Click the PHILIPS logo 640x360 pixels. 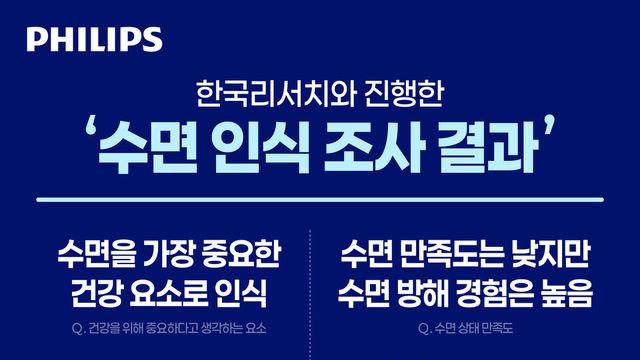[x=94, y=40]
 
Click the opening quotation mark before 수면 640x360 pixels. [x=90, y=127]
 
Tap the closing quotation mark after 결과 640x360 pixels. [x=549, y=123]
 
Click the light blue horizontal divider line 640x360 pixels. [x=320, y=200]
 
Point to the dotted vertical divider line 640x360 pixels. [x=311, y=295]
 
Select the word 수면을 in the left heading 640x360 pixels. [x=98, y=254]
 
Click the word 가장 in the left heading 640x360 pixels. [x=168, y=254]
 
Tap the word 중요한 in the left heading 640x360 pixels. [x=240, y=254]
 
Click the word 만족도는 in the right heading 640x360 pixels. [x=452, y=254]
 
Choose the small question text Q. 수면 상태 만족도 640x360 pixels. [x=465, y=328]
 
